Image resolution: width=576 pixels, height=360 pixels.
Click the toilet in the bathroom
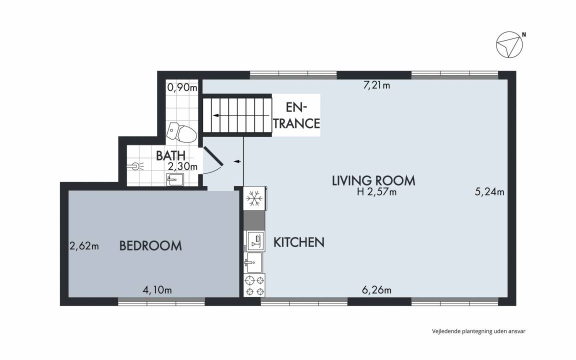(x=181, y=132)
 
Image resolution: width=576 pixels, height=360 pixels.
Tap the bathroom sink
(x=175, y=179)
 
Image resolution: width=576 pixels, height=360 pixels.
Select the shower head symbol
(x=136, y=166)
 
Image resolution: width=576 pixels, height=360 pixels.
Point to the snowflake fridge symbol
(x=254, y=198)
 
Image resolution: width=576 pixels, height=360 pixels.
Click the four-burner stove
(x=254, y=286)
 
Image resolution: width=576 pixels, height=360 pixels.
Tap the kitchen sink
(x=253, y=262)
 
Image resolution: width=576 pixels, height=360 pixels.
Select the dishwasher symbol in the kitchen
(x=255, y=241)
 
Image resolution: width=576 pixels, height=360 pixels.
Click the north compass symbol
(x=509, y=45)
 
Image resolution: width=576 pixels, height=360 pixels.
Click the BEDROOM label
(x=150, y=246)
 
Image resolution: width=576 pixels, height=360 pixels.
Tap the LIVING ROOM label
(x=373, y=180)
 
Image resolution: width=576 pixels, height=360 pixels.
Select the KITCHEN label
(x=299, y=242)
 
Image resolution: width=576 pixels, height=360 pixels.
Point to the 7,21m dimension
(x=376, y=85)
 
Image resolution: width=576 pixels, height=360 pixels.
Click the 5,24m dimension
(x=489, y=192)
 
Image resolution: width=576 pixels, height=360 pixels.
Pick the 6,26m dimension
(x=376, y=290)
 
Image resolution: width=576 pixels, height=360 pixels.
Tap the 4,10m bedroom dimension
(x=157, y=290)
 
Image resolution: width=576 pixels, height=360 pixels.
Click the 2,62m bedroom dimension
(x=84, y=246)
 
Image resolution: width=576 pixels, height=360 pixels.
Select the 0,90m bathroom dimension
(x=182, y=87)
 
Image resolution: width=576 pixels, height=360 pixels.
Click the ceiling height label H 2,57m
(x=377, y=192)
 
